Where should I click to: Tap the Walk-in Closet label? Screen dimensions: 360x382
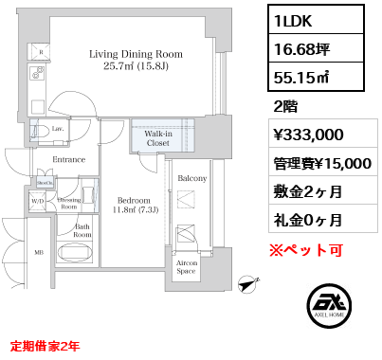pos(157,138)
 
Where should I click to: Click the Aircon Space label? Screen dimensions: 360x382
pos(188,268)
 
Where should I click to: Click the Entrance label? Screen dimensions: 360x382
pos(68,160)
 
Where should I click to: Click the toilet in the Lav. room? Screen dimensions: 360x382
pos(42,132)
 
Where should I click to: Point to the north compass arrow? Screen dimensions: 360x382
pos(250,280)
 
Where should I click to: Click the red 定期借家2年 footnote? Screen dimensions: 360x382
pos(47,345)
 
